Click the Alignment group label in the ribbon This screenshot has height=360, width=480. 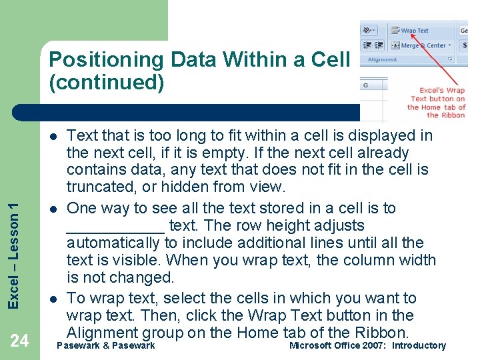[x=383, y=59]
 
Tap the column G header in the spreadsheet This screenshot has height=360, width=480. [x=365, y=85]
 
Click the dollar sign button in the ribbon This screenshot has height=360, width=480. [x=464, y=45]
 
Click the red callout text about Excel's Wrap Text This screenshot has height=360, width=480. [x=437, y=103]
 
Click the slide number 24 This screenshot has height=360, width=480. [x=19, y=341]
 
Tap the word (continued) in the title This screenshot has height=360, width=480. [x=106, y=82]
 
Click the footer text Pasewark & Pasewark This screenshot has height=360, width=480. [x=106, y=345]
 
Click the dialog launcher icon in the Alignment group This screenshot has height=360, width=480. [x=451, y=59]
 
